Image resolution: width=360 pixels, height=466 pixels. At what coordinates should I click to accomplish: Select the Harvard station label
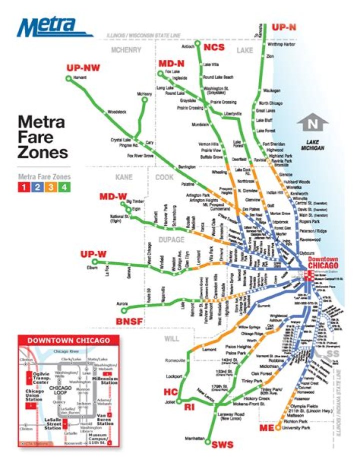coord(80,79)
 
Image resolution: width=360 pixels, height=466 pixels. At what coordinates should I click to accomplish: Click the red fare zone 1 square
coord(23,187)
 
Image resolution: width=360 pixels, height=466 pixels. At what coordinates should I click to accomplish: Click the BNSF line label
coord(130,320)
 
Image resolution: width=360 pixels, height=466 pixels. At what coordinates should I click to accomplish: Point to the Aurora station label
coord(123,303)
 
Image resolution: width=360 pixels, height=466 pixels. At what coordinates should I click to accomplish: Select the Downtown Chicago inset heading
coord(68,340)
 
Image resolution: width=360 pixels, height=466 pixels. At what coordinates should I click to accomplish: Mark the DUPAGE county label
coord(171,240)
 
